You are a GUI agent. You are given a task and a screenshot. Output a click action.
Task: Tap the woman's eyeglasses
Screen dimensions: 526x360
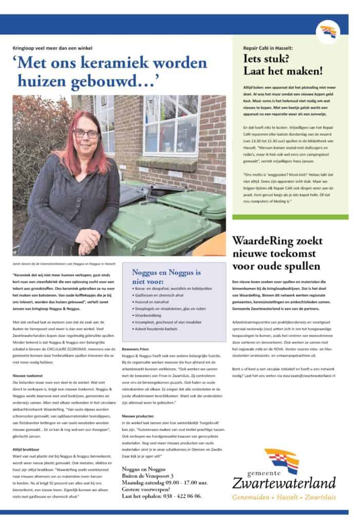pyautogui.click(x=86, y=134)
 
